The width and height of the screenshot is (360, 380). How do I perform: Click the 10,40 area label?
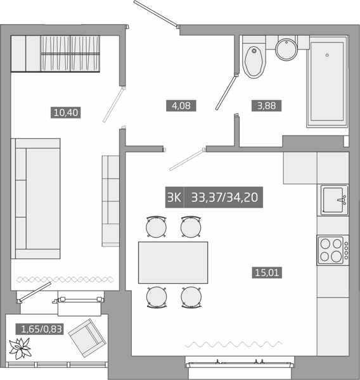pos(65,113)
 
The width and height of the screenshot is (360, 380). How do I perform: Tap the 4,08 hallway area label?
pos(181,106)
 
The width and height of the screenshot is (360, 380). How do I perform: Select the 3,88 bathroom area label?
pos(266,106)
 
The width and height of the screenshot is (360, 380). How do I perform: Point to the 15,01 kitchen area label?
pos(267,272)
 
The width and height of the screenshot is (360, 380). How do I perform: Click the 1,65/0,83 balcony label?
pos(39,329)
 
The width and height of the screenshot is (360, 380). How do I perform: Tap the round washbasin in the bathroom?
pos(286,49)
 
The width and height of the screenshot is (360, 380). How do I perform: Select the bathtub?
pos(327,82)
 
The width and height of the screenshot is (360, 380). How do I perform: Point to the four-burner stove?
pos(333,250)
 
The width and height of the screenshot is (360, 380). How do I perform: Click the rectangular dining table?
pos(173,262)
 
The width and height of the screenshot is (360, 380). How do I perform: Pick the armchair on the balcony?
pos(87,338)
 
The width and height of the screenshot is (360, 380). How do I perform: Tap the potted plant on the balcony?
pos(20,348)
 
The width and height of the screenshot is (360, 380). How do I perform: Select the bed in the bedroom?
pos(35,198)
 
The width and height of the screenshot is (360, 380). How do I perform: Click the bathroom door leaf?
pos(226,92)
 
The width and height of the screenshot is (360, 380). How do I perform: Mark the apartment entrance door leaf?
pos(156,13)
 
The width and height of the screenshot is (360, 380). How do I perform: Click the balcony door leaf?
pos(35,291)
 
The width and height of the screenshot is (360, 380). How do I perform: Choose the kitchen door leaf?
pos(186,160)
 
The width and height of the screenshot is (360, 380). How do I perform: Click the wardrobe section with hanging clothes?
pos(70,54)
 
